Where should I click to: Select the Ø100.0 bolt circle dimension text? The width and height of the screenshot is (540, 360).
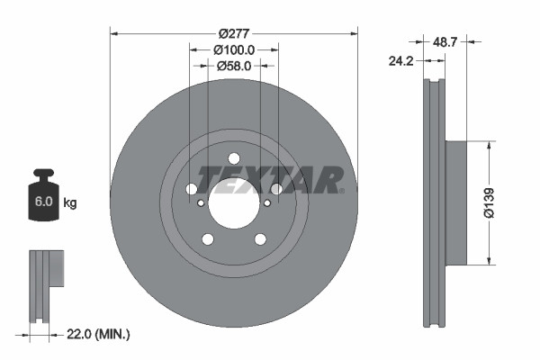(234, 50)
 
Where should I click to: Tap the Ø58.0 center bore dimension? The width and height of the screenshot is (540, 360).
(234, 66)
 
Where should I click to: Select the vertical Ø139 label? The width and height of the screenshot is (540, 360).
(490, 202)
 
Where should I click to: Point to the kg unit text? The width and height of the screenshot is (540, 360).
(69, 203)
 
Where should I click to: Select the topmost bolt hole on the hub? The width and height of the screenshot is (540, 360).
(234, 159)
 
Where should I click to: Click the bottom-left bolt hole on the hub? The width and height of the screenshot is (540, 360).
(208, 238)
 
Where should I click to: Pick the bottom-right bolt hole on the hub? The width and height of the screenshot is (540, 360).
(260, 238)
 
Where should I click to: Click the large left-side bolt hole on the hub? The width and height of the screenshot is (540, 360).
(191, 189)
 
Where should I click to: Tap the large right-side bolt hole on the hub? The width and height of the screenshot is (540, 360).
(276, 189)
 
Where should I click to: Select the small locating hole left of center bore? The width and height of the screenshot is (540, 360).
(202, 202)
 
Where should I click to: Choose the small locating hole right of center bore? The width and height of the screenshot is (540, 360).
(266, 202)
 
